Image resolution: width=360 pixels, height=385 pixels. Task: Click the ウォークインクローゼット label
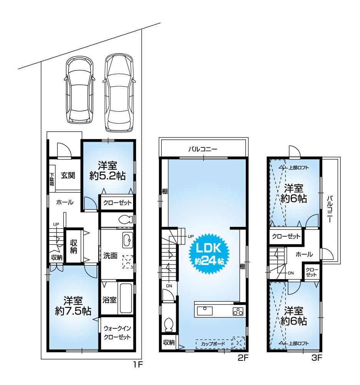coord(117,333)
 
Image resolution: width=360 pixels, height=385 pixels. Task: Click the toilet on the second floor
coord(168,325)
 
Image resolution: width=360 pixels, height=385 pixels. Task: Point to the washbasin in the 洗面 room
coord(127,241)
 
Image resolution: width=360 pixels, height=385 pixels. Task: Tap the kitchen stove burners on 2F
coord(238,311)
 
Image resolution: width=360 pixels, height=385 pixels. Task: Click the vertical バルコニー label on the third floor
coord(330,211)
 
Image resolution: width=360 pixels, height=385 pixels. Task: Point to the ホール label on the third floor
coord(304,254)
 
